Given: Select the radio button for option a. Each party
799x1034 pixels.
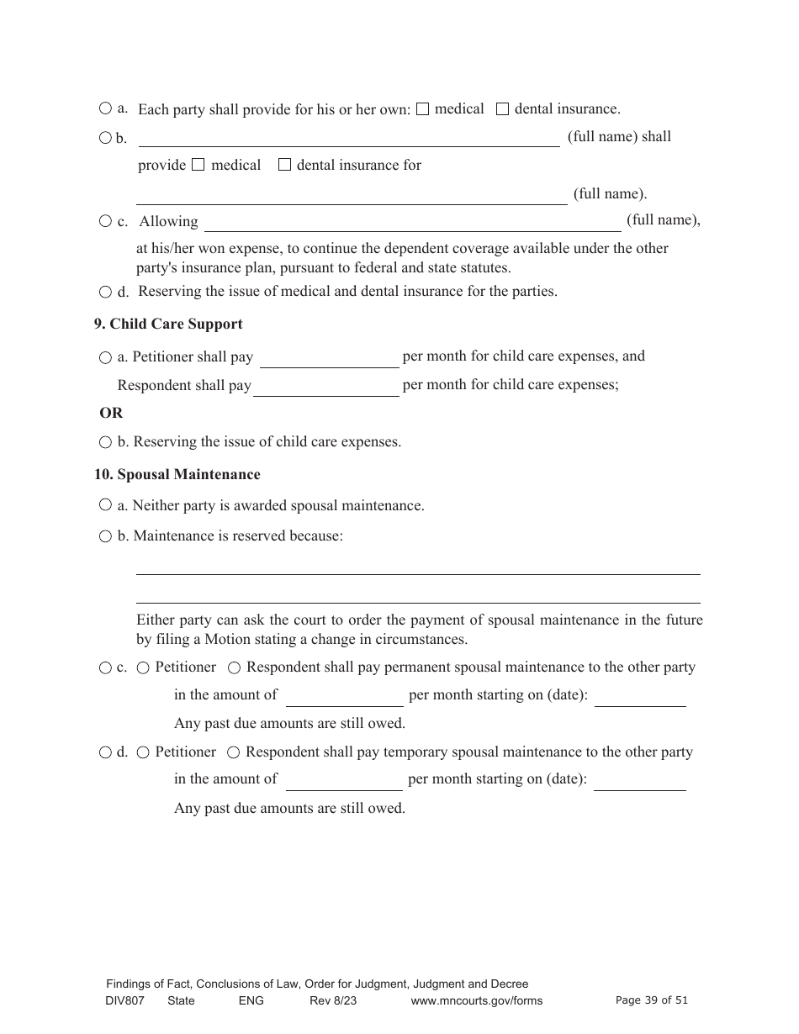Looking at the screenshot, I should pyautogui.click(x=105, y=108).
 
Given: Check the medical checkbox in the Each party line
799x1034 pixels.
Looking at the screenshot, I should pyautogui.click(x=423, y=108).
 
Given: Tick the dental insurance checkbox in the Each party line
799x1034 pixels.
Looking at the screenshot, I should pyautogui.click(x=502, y=108).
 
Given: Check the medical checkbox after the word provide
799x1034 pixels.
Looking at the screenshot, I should pyautogui.click(x=198, y=165).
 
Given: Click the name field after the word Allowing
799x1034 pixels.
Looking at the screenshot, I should pyautogui.click(x=412, y=222).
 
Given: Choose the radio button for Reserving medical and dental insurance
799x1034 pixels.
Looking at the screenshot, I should pyautogui.click(x=105, y=292).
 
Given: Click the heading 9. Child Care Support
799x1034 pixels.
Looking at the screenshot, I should pyautogui.click(x=168, y=324).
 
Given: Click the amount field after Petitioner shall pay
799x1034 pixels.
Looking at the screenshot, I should pyautogui.click(x=329, y=358).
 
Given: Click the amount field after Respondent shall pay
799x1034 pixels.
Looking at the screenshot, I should pyautogui.click(x=325, y=387).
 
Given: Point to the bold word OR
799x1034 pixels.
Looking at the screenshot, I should pyautogui.click(x=111, y=413).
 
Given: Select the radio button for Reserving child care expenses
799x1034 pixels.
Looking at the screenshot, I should pyautogui.click(x=105, y=442).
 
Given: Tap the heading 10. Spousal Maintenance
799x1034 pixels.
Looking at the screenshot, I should pyautogui.click(x=177, y=474).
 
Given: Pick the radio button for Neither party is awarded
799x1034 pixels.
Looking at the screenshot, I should pyautogui.click(x=105, y=505).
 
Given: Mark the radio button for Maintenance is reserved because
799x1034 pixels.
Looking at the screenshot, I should pyautogui.click(x=105, y=536).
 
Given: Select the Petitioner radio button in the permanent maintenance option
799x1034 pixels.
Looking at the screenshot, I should pyautogui.click(x=143, y=667).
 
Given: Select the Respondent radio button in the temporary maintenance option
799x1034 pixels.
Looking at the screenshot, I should pyautogui.click(x=234, y=752).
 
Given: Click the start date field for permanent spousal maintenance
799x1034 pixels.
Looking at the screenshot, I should pyautogui.click(x=640, y=697).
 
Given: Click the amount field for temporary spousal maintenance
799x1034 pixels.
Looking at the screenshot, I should pyautogui.click(x=344, y=781).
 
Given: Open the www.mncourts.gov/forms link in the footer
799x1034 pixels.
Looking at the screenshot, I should pyautogui.click(x=476, y=1000).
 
